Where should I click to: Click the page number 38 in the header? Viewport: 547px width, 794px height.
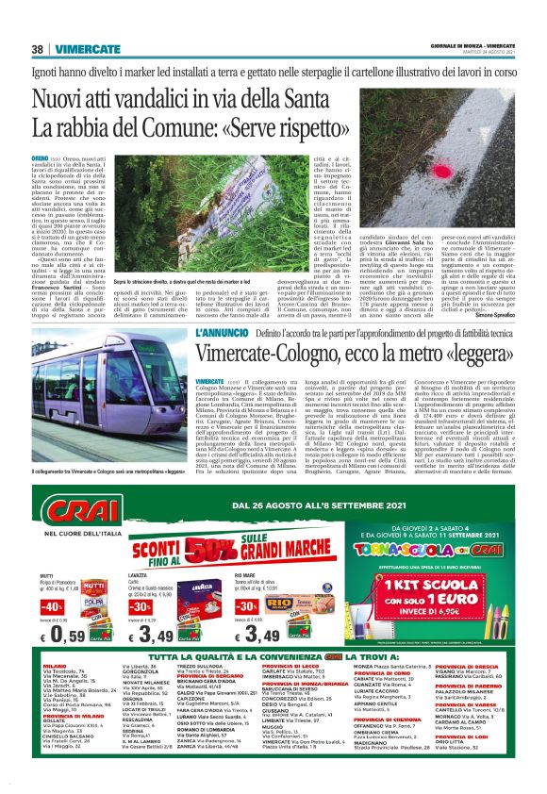pos(38,49)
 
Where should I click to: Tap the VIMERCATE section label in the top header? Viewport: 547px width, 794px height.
pos(85,49)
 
